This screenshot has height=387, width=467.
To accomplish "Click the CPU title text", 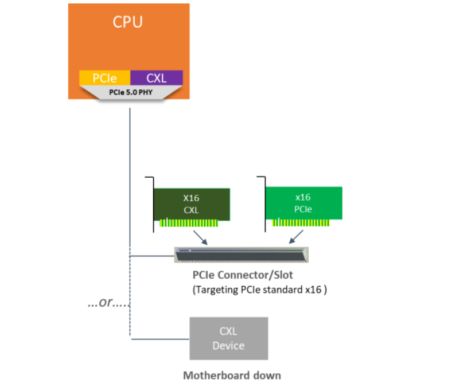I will [x=127, y=22].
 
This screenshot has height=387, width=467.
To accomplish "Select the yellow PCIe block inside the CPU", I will [x=104, y=78].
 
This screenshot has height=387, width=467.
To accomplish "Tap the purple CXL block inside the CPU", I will [x=157, y=78].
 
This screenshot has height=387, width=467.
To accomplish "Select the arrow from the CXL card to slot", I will [x=200, y=237].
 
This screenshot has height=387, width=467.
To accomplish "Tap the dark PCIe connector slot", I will [x=241, y=254].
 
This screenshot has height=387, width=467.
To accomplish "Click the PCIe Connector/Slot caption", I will [x=243, y=275].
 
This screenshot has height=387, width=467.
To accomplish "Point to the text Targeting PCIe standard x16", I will [x=259, y=290].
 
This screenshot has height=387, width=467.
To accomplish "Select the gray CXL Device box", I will [x=228, y=338].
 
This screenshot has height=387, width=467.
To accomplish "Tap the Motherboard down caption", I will [x=232, y=376].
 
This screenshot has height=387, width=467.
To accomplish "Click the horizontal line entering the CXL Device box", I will [x=160, y=339].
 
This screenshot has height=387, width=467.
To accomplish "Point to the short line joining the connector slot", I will [x=152, y=256].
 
